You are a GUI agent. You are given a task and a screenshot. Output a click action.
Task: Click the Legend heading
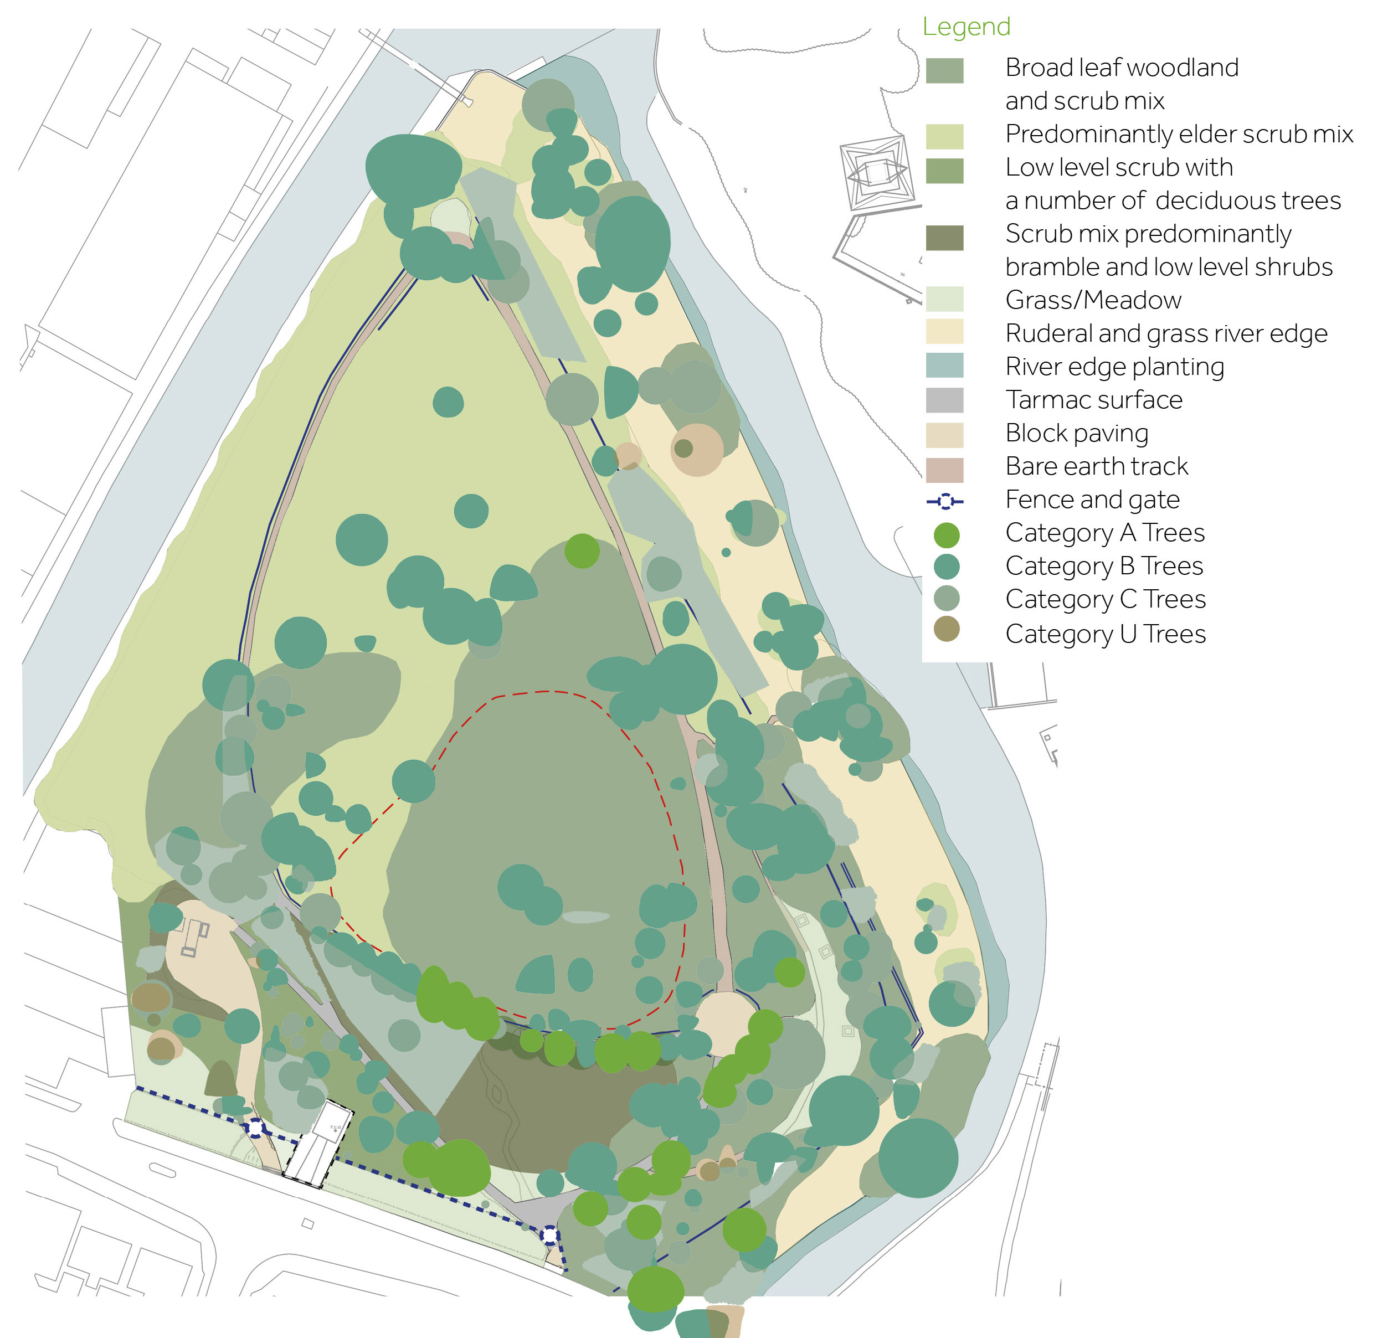click(966, 27)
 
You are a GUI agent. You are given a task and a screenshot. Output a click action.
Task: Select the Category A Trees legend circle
click(946, 535)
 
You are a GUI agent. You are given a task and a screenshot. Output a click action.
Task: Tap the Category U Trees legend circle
click(946, 629)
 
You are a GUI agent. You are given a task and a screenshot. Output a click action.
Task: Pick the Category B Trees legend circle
click(946, 567)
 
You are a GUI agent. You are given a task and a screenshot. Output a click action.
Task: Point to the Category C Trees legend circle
click(946, 598)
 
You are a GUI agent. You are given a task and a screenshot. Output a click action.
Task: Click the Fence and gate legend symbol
click(945, 502)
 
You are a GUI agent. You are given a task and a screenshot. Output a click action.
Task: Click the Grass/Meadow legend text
click(1093, 300)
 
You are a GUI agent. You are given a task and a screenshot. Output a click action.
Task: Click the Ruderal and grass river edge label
click(1166, 333)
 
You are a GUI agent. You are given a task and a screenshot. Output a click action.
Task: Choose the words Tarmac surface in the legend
click(1093, 400)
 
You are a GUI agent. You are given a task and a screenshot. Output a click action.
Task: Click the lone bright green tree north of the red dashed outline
click(582, 551)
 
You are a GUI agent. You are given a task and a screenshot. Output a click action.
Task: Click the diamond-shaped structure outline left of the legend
click(876, 172)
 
